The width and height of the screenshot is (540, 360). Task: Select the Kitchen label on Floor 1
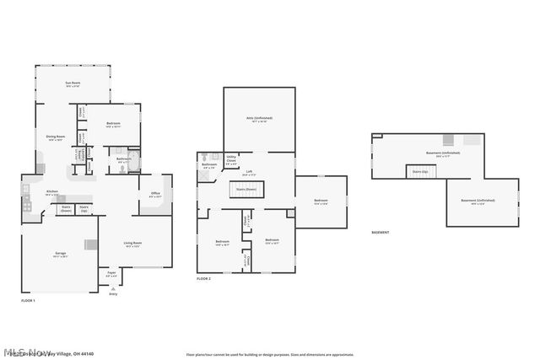[51, 192]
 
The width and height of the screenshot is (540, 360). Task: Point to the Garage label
[62, 254]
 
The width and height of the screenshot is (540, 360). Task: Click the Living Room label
[132, 244]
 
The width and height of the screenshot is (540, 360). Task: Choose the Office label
[155, 195]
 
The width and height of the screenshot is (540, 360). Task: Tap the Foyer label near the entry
[111, 274]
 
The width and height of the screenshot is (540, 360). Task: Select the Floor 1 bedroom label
[113, 125]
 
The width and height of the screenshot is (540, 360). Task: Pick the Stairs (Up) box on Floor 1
[84, 208]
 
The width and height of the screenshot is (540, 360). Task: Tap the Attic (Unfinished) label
[259, 119]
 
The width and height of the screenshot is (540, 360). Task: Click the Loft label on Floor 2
[249, 173]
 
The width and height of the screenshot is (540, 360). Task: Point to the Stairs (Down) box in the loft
[248, 191]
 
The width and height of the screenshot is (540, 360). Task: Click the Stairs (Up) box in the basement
[419, 171]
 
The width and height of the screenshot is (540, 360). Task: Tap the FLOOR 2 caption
[204, 278]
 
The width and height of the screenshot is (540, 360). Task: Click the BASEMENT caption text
[381, 233]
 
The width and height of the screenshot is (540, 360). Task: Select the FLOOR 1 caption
[29, 301]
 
